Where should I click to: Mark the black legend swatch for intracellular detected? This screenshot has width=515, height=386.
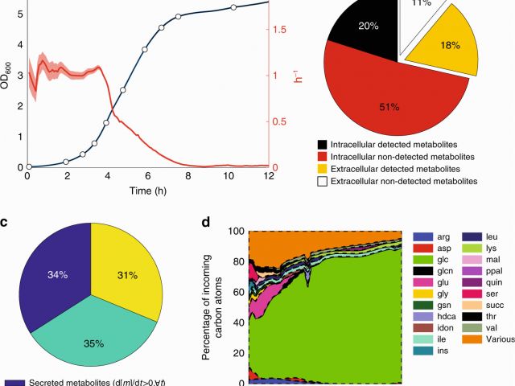tap(322, 142)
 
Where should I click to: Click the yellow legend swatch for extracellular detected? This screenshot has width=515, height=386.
tap(322, 169)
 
